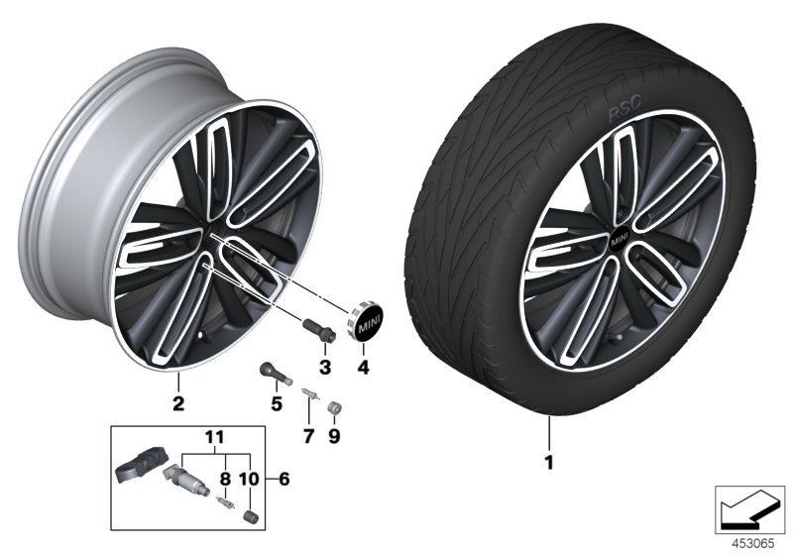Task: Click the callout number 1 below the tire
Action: (x=547, y=462)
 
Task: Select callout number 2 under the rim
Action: (x=177, y=402)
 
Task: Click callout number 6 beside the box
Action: (x=284, y=479)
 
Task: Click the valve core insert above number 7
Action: (x=307, y=398)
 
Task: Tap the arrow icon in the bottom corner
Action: (x=749, y=508)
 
